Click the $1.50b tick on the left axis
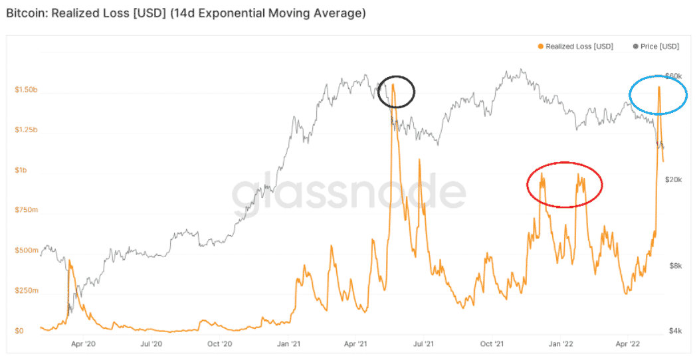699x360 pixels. point(26,90)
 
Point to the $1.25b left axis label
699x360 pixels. point(26,130)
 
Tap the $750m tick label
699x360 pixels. point(25,211)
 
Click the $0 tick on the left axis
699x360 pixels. point(20,331)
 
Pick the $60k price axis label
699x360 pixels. point(674,76)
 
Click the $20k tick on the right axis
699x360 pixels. point(675,180)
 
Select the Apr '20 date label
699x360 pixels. point(83,344)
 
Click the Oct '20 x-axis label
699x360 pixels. point(219,344)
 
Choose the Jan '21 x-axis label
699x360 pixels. point(288,344)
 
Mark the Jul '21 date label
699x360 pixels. point(424,344)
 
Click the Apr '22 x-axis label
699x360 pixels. point(628,344)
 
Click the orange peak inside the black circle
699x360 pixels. point(393,84)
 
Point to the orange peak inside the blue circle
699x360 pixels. point(658,87)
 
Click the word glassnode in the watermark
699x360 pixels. point(349,193)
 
